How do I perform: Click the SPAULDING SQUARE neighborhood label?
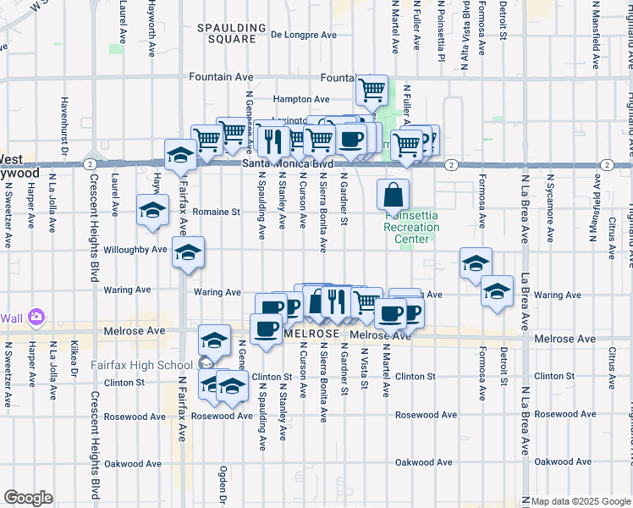(226, 34)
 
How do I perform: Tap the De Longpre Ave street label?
(304, 36)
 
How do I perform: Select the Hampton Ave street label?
(301, 99)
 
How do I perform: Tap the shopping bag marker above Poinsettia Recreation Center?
(394, 196)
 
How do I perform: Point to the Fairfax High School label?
(142, 366)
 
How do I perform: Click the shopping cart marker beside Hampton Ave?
(372, 90)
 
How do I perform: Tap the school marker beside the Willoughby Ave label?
(188, 252)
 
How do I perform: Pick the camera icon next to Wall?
(36, 317)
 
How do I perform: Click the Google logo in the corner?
(28, 498)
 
